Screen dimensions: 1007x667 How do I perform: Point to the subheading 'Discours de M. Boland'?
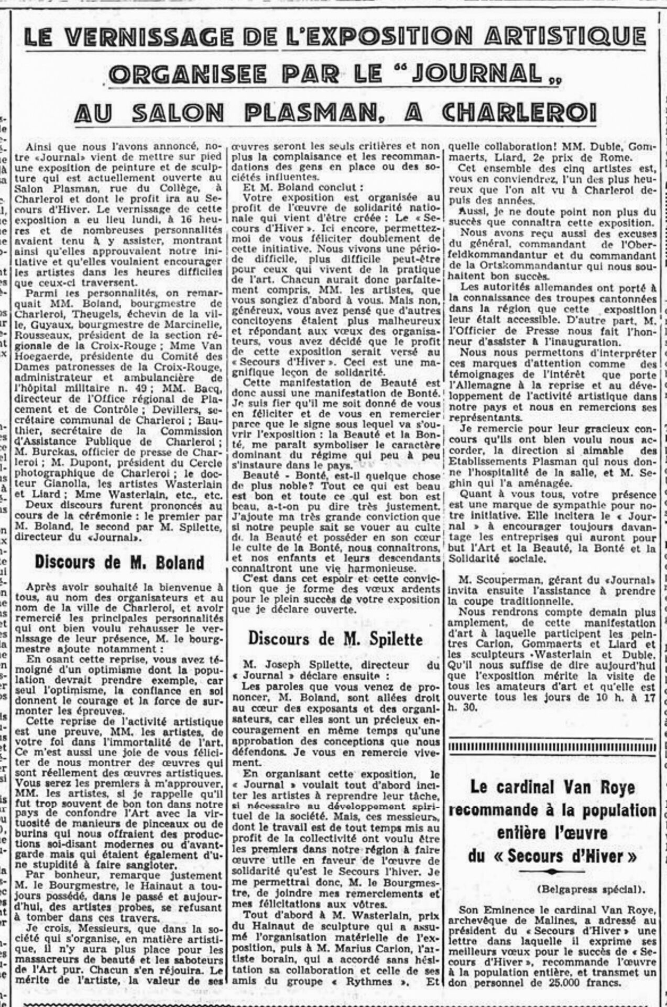(119, 563)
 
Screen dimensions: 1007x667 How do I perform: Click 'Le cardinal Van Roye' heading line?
(552, 787)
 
